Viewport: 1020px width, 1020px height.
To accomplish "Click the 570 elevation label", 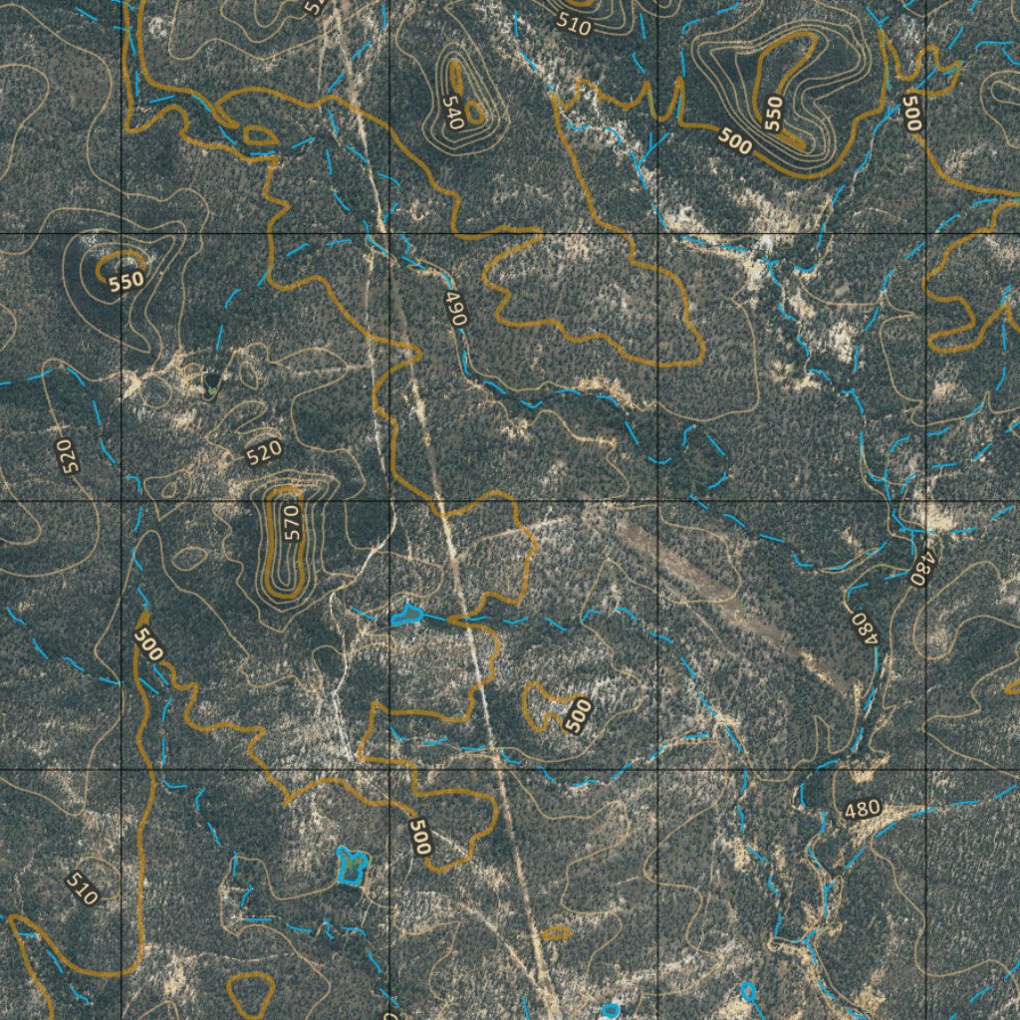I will (291, 522).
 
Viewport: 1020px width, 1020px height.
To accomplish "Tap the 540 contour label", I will (452, 113).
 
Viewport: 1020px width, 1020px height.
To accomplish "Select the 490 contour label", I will (455, 309).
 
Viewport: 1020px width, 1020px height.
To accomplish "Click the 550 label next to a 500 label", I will (774, 114).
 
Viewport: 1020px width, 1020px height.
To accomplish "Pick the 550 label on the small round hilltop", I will (127, 282).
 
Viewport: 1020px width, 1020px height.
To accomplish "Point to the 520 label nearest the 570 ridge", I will (263, 453).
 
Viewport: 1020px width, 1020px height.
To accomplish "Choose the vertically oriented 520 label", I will (66, 455).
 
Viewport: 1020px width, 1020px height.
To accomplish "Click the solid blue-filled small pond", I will (403, 614).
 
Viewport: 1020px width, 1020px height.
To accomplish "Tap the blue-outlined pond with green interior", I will (350, 866).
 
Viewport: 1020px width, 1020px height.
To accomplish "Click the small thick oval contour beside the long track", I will (556, 933).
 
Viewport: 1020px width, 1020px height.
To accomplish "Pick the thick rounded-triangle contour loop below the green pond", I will (250, 992).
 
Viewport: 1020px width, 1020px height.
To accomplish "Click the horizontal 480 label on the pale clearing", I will (863, 809).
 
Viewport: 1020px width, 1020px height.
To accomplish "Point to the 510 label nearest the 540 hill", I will (575, 25).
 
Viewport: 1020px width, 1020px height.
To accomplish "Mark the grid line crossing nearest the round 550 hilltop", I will (122, 233).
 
